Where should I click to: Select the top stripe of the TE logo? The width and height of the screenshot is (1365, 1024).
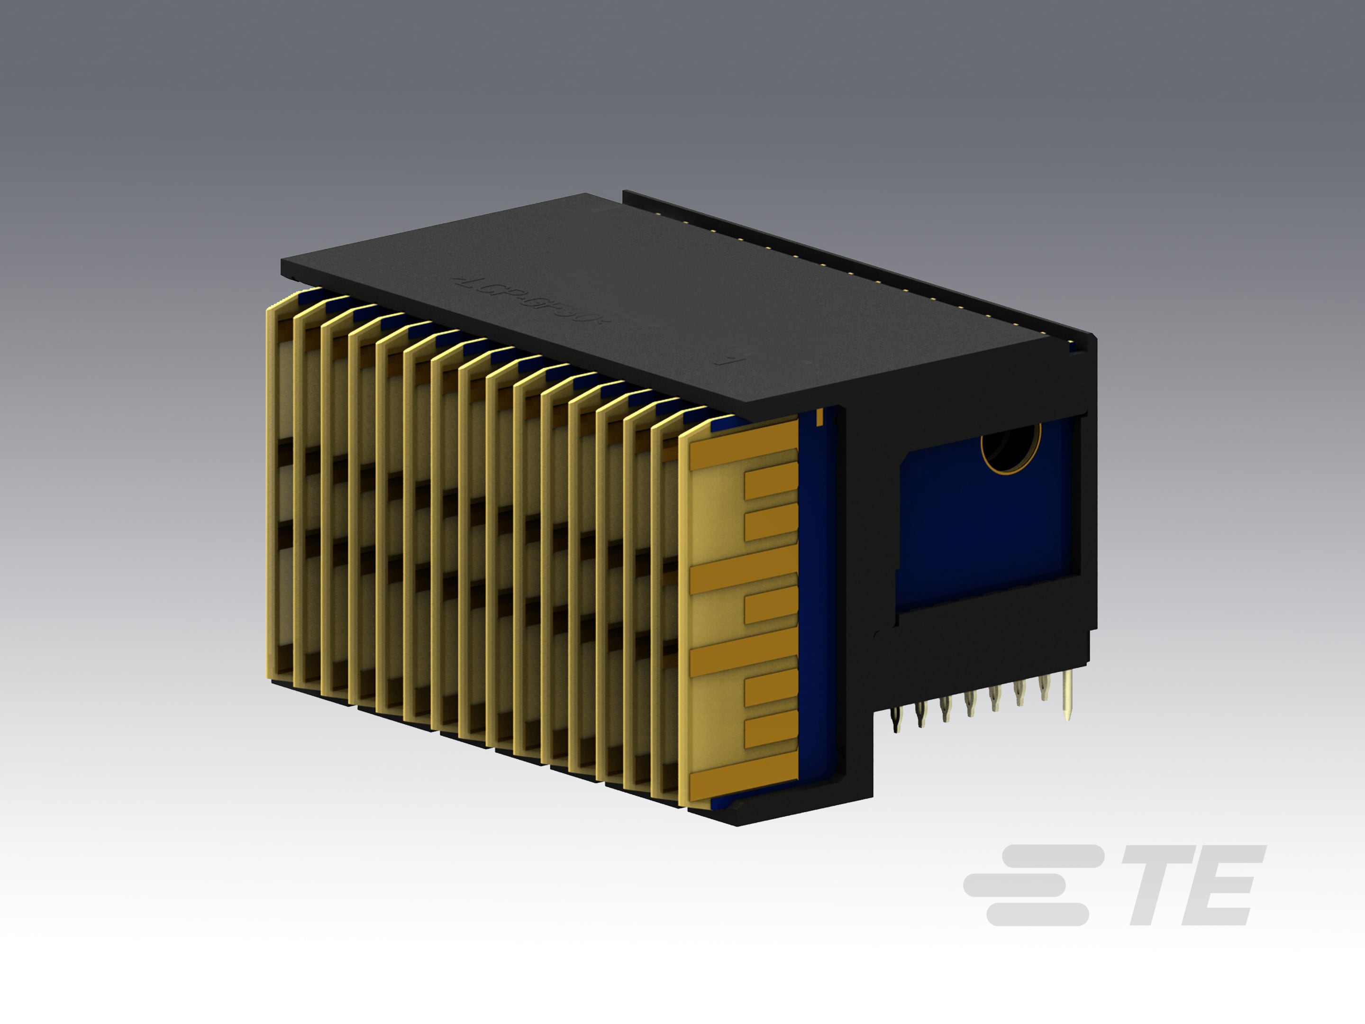1053,855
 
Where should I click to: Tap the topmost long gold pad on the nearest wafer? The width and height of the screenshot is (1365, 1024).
744,443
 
